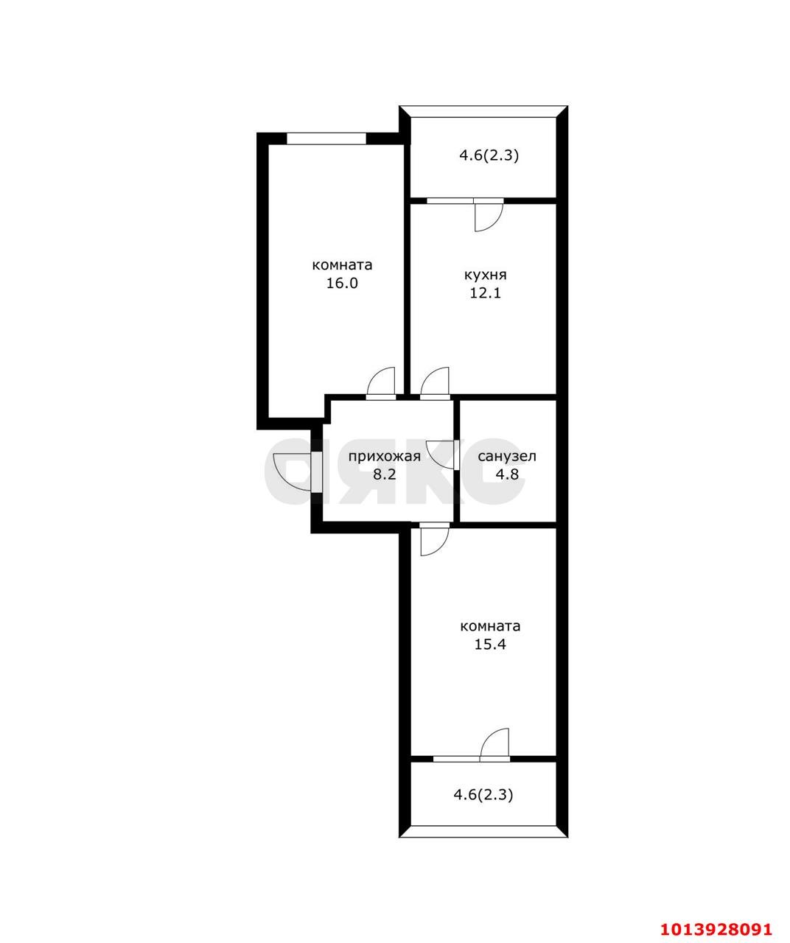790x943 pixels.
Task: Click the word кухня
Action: [485, 275]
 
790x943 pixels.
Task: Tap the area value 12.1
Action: [485, 293]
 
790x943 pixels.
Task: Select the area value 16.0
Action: [342, 283]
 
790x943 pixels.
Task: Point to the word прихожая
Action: [384, 456]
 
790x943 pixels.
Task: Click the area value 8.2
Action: [384, 474]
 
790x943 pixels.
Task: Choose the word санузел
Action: [507, 456]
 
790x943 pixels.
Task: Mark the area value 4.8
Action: [507, 474]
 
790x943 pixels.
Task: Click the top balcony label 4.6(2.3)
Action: [489, 155]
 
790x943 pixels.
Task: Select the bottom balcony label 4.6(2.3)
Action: [483, 794]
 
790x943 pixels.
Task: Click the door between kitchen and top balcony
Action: [487, 214]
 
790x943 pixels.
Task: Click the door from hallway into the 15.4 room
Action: [433, 540]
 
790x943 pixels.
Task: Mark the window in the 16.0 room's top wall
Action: [326, 138]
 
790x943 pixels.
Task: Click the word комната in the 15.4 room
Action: [490, 626]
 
